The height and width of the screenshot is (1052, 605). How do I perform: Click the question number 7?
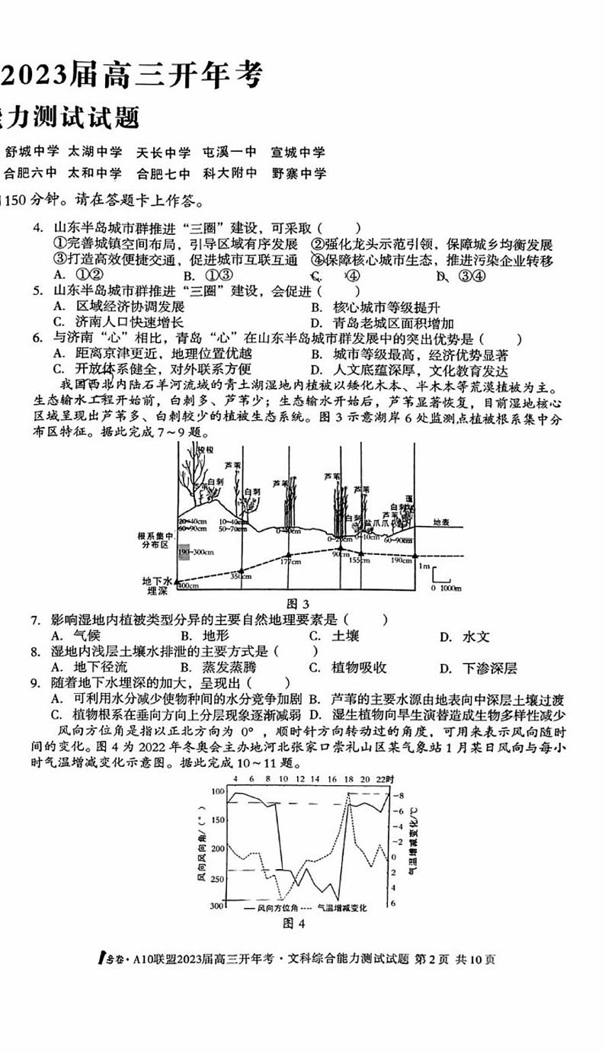[35, 620]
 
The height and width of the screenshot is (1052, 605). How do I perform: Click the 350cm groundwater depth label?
[241, 577]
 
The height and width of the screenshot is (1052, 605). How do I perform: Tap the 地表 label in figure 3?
[441, 522]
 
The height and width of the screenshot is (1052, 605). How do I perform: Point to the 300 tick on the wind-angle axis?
[217, 905]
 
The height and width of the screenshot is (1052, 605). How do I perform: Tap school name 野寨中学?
[299, 173]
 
